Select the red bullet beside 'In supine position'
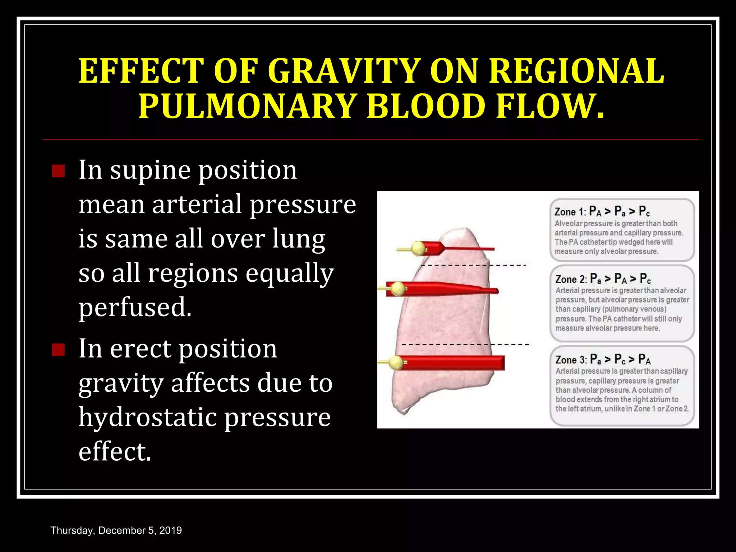point(58,171)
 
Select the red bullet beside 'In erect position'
point(58,349)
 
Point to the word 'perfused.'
point(135,308)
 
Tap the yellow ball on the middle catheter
point(398,289)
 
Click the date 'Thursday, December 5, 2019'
point(116,530)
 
